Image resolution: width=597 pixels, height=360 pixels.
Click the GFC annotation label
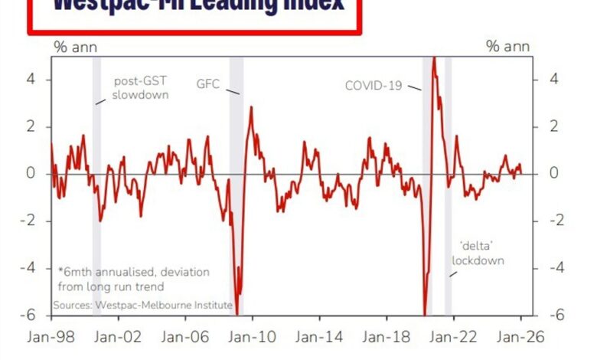[208, 84]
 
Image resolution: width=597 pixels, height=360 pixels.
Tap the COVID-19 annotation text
[374, 85]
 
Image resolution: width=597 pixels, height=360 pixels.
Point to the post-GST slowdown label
[141, 88]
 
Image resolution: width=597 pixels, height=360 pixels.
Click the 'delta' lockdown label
[478, 254]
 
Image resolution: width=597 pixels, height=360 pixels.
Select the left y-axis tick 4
[31, 79]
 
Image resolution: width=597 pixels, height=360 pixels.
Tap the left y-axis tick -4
[29, 268]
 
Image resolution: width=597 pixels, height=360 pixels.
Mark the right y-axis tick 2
[555, 126]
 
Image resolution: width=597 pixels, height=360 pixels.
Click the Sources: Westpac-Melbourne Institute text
[143, 305]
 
